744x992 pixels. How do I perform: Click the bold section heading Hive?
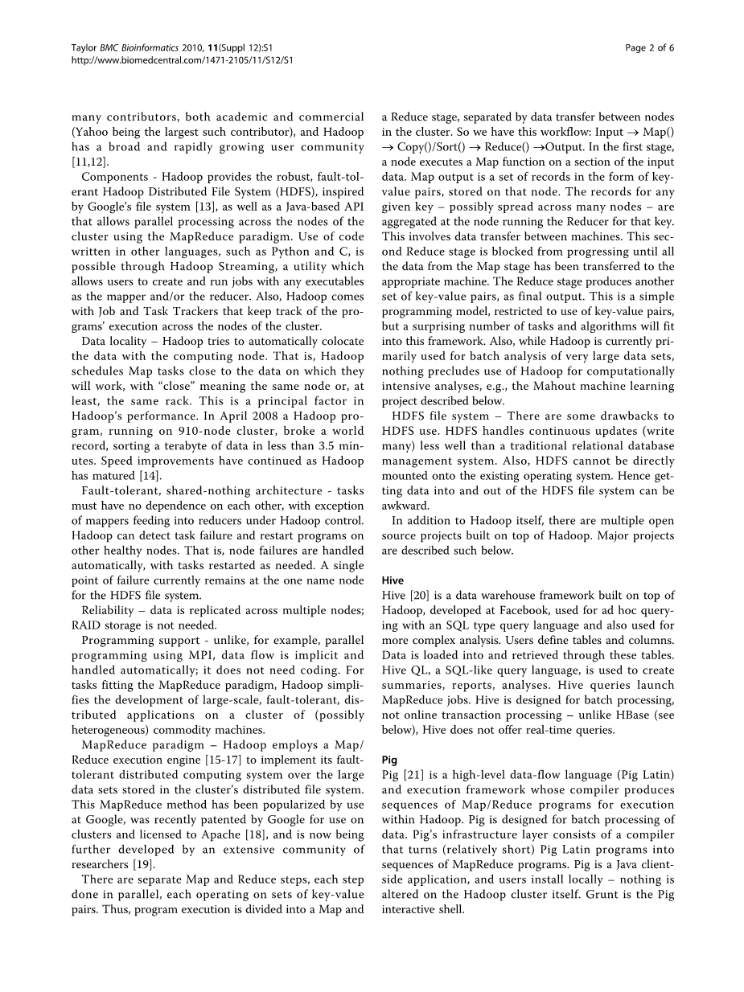[393, 580]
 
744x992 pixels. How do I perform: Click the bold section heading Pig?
[389, 760]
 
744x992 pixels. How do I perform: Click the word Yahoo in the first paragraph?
[91, 132]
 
